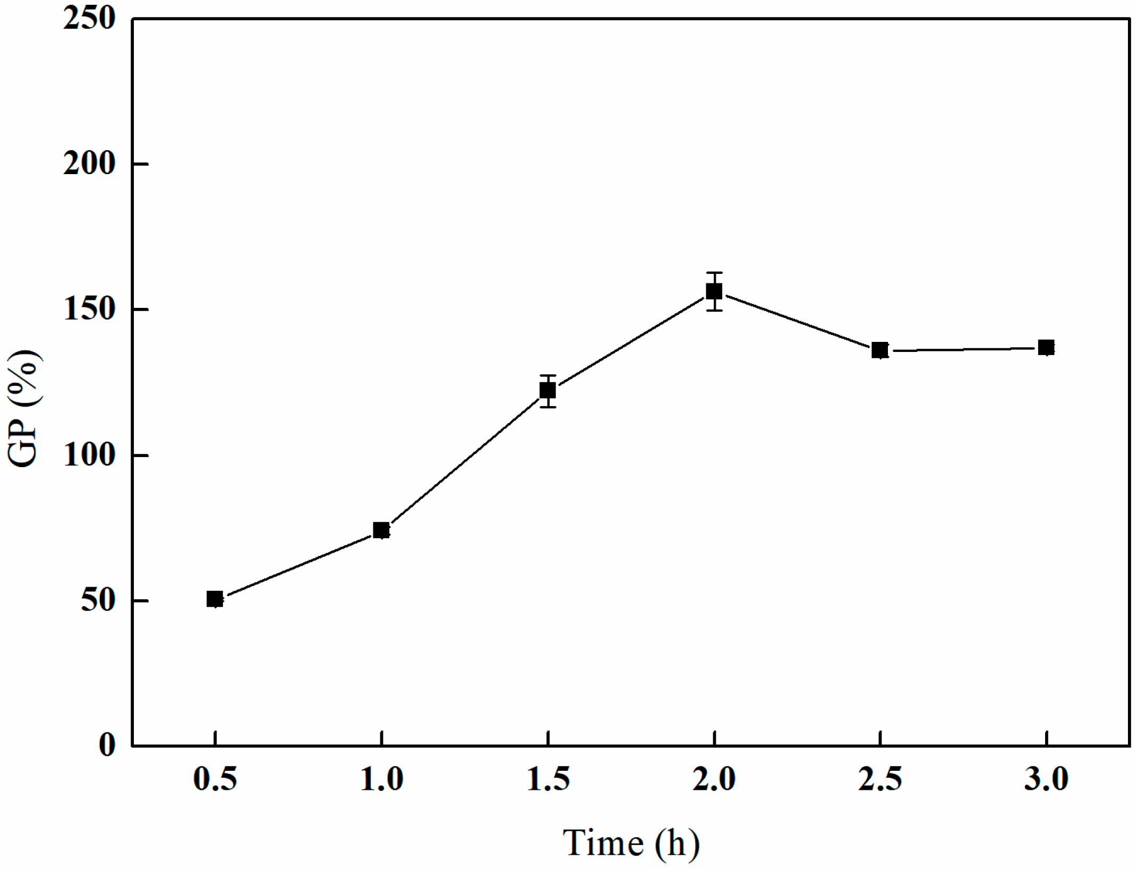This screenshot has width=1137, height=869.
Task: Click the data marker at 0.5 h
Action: pos(215,599)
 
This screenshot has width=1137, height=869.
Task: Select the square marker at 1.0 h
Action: pos(381,530)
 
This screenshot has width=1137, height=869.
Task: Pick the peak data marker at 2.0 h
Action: pos(714,291)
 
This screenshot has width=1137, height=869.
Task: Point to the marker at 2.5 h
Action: pos(880,350)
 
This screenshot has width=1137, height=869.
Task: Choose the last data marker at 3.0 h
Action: pos(1046,348)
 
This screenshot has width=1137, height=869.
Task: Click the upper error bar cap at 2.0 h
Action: pos(714,273)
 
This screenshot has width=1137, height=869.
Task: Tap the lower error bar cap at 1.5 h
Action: pos(548,407)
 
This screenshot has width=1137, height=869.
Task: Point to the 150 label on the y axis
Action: pos(89,309)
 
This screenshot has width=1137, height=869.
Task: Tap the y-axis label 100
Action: pos(89,455)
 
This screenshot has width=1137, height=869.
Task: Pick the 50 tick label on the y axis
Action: pos(98,600)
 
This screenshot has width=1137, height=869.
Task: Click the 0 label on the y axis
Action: pos(107,745)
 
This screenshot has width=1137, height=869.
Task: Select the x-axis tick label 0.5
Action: pos(215,779)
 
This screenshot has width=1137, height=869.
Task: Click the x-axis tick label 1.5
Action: pos(548,779)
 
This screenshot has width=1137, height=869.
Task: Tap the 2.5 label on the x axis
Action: pos(880,779)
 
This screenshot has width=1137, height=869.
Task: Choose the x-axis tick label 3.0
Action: pos(1046,779)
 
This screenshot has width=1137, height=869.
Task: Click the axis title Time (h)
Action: pos(631,842)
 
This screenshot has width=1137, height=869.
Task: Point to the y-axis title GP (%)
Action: pos(24,408)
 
